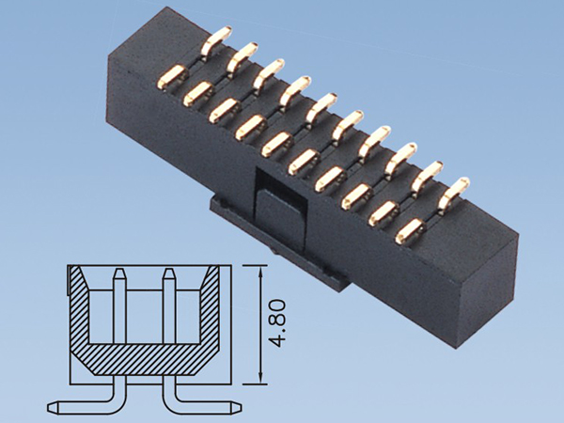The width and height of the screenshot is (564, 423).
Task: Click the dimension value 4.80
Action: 276,324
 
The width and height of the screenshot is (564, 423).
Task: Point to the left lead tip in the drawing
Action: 54,407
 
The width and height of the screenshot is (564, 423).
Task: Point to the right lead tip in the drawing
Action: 235,407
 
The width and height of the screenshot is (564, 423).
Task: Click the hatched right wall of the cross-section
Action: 211,310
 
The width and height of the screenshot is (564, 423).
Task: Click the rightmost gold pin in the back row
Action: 458,189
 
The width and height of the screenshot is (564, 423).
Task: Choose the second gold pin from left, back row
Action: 243,55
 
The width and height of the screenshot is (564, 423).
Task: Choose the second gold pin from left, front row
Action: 199,91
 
